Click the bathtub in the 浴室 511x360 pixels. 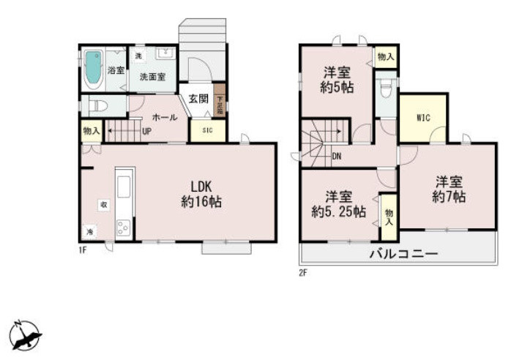pyautogui.click(x=92, y=68)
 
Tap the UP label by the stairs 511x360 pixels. pyautogui.click(x=146, y=132)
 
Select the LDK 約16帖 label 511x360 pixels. pyautogui.click(x=201, y=193)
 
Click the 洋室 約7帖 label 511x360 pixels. pyautogui.click(x=449, y=190)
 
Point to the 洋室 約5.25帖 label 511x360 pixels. pyautogui.click(x=338, y=204)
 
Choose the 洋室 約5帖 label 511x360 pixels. pyautogui.click(x=337, y=80)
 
